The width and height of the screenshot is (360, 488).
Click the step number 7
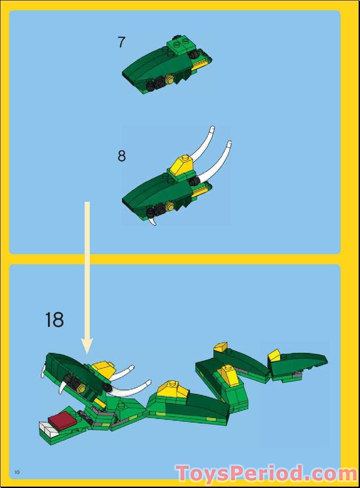121,42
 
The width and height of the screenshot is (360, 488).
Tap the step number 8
122,156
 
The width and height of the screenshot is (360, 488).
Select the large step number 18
54,320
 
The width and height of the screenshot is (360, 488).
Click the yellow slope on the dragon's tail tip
274,355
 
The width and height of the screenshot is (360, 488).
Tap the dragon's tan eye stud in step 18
83,388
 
